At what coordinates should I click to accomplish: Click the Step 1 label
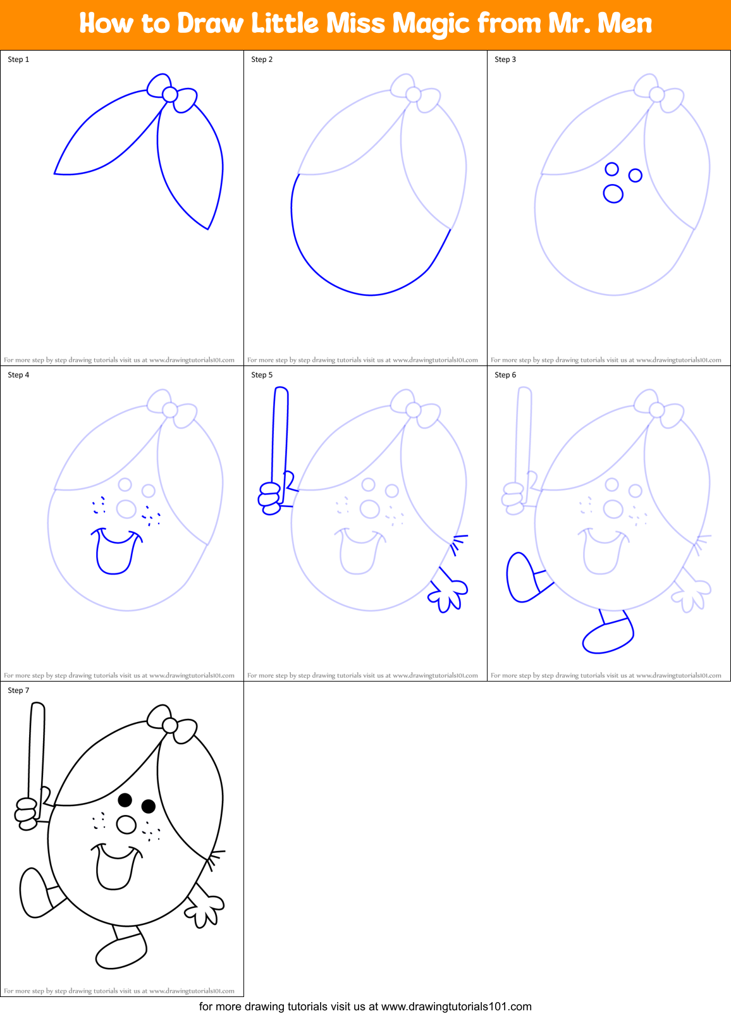click(x=18, y=59)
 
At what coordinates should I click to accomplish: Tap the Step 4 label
click(x=18, y=375)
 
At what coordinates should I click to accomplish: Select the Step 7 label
click(x=18, y=690)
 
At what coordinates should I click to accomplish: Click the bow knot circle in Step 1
click(x=169, y=94)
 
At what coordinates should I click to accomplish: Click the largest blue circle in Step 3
click(x=613, y=193)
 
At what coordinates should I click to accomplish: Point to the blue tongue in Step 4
click(x=114, y=556)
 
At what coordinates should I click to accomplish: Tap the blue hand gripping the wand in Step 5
click(x=271, y=498)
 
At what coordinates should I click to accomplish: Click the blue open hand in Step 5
click(x=450, y=594)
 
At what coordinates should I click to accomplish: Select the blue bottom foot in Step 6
click(x=607, y=637)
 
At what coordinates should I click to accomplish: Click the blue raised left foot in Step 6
click(x=520, y=577)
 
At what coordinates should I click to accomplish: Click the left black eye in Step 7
click(x=125, y=800)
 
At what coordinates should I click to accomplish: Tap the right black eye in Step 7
click(x=149, y=806)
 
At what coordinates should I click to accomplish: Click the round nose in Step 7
click(x=126, y=824)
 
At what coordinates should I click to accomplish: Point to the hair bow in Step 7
click(x=170, y=725)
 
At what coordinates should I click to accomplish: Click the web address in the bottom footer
click(x=456, y=1007)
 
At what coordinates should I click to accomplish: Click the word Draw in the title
click(x=210, y=24)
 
